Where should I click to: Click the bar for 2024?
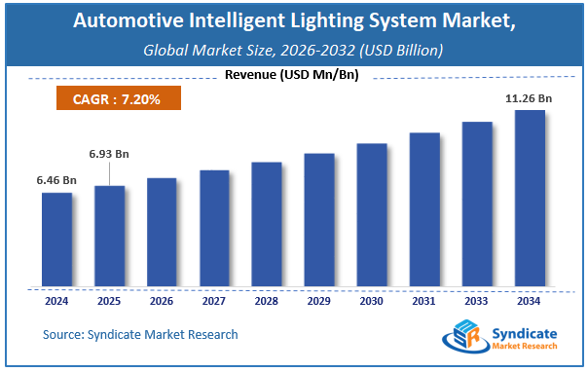click(x=56, y=240)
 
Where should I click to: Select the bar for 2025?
click(x=109, y=236)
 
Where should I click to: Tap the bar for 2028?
click(x=266, y=224)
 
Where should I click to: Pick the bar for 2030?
click(x=371, y=215)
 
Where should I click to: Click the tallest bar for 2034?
click(x=529, y=199)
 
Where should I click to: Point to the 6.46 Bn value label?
click(x=57, y=180)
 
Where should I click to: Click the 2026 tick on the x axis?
click(x=162, y=301)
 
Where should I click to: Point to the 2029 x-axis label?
click(x=318, y=301)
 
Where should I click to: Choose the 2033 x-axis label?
click(x=476, y=301)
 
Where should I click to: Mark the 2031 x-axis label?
click(x=423, y=301)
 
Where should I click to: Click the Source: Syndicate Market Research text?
click(x=140, y=334)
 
